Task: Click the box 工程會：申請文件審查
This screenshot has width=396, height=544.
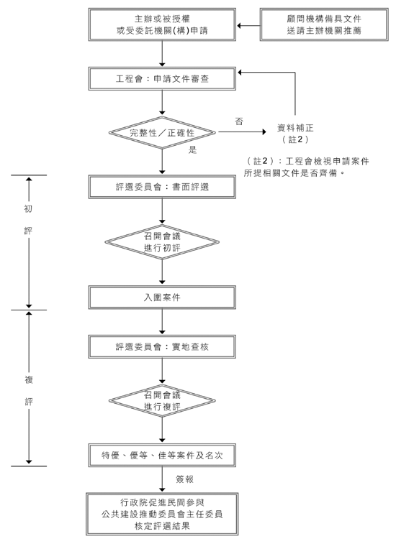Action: (x=162, y=79)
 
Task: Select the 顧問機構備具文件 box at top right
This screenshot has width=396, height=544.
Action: (x=324, y=24)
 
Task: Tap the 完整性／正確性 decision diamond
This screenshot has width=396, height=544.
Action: (x=162, y=132)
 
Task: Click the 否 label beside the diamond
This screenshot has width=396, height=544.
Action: (x=239, y=121)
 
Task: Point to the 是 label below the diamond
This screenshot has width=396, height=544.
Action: (x=193, y=150)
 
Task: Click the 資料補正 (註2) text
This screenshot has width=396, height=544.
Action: (x=295, y=134)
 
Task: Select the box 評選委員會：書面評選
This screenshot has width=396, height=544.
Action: (x=162, y=187)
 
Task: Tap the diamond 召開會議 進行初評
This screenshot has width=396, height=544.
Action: (x=162, y=242)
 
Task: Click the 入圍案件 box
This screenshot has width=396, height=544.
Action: (x=162, y=298)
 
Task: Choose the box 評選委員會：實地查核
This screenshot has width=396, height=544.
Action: (x=162, y=346)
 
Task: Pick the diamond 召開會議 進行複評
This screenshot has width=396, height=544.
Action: (x=162, y=401)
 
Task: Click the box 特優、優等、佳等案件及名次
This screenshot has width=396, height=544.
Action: (x=162, y=455)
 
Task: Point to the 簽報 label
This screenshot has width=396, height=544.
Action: (x=184, y=479)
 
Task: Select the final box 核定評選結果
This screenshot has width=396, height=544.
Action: (x=162, y=514)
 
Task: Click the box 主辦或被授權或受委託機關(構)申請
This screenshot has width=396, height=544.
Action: (x=162, y=24)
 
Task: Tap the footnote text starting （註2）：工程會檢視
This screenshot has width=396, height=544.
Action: (x=306, y=167)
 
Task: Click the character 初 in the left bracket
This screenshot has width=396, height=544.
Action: (x=28, y=208)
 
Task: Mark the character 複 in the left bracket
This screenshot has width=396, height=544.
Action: (x=29, y=380)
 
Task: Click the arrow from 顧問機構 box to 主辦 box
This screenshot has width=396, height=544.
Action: (x=248, y=25)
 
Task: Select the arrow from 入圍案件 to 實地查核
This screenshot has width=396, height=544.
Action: (x=162, y=322)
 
